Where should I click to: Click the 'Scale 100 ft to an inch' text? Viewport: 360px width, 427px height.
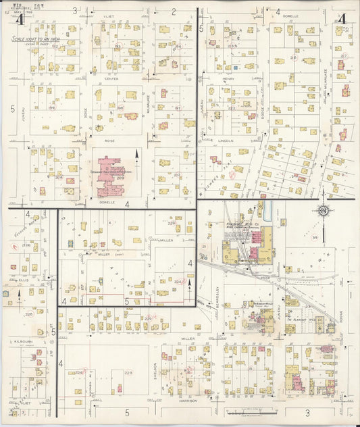click(x=35, y=39)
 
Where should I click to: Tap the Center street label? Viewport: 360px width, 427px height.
click(x=111, y=78)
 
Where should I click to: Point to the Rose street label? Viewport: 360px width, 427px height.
click(x=109, y=141)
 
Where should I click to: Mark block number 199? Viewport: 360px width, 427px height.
click(x=51, y=107)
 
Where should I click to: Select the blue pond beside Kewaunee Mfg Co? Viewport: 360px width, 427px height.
click(x=267, y=210)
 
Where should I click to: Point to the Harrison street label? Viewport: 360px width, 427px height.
click(x=186, y=400)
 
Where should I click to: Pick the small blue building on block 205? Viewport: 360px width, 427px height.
click(x=235, y=67)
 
